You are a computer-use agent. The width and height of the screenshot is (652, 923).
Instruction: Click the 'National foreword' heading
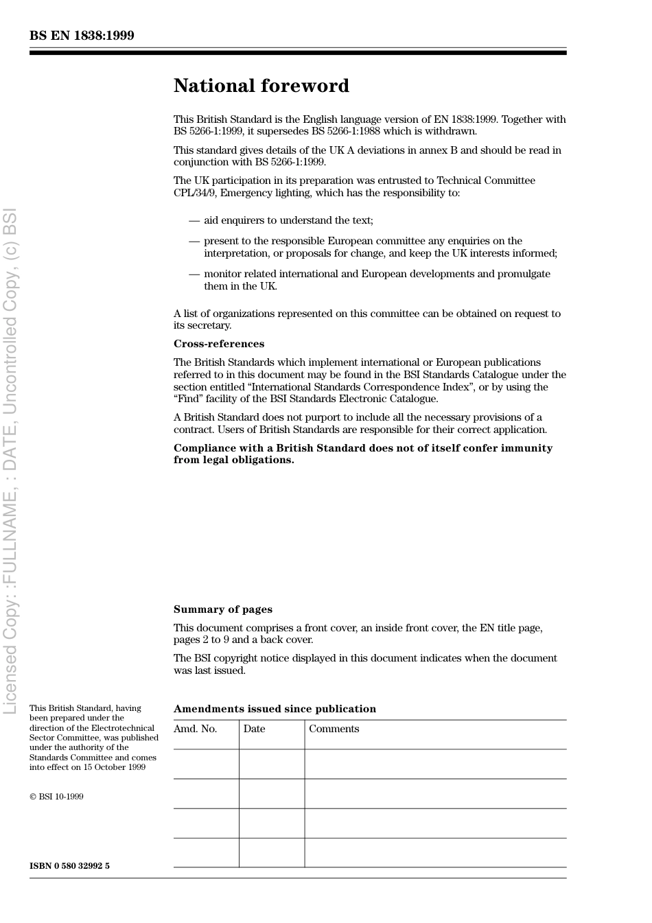coord(261,86)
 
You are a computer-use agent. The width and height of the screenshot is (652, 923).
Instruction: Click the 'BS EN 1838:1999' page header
coord(82,36)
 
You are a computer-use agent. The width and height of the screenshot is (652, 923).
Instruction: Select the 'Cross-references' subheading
coord(218,344)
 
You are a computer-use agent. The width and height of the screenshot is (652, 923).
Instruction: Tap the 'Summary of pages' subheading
coord(222,609)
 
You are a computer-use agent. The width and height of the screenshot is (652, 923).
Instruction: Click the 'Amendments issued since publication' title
coord(275,709)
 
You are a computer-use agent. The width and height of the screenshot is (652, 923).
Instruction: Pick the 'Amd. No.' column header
coord(195,729)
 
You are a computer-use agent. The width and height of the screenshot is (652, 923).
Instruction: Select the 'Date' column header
coord(254,729)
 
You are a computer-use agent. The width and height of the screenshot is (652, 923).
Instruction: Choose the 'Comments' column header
coord(334,729)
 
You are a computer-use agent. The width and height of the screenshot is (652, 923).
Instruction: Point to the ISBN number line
coord(69,865)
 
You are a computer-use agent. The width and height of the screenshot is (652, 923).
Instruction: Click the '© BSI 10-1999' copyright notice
coord(56,797)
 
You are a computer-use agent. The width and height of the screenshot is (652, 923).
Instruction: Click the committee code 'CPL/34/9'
coord(195,193)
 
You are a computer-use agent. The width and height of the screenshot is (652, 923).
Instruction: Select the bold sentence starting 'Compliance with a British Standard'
coord(362,454)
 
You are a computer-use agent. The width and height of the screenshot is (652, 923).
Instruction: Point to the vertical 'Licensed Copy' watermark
coord(10,460)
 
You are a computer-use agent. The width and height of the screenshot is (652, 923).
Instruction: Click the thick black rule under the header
coord(298,52)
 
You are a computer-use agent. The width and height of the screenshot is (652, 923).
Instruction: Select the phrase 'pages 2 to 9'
coord(201,640)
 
